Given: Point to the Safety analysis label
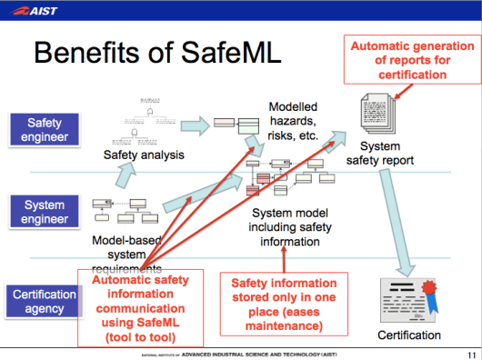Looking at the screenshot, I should click(x=143, y=155).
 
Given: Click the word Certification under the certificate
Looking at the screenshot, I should click(x=407, y=335).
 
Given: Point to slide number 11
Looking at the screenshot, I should click(x=470, y=354).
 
